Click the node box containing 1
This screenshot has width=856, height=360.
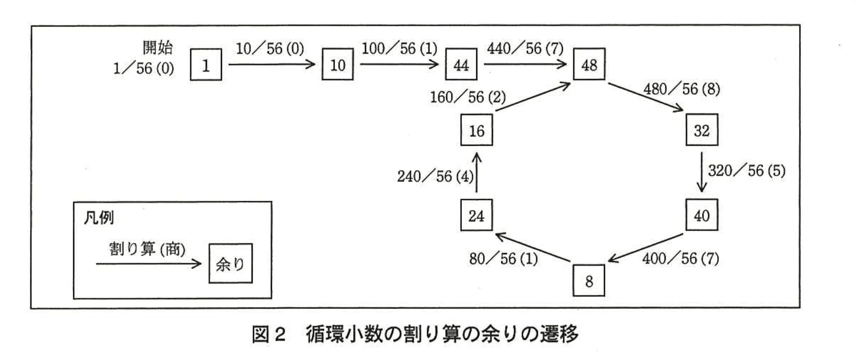point(206,65)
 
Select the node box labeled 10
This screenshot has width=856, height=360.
point(338,65)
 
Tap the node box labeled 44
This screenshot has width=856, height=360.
point(461,65)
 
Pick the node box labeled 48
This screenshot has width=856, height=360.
point(589,65)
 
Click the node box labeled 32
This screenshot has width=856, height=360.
point(702,130)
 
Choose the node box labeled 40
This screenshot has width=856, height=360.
point(702,215)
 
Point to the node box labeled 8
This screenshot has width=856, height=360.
point(589,281)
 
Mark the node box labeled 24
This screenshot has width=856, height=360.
point(476,215)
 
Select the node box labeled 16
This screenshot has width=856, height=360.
point(476,131)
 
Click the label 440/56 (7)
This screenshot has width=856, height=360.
point(525,49)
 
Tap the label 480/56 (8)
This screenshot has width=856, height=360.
point(682,89)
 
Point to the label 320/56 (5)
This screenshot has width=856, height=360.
point(747,171)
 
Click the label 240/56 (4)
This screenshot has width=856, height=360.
point(435,177)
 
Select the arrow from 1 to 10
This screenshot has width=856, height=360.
point(272,65)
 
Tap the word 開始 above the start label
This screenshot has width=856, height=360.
point(158,48)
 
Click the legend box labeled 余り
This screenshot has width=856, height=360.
point(230,264)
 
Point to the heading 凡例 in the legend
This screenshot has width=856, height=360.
point(99,217)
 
